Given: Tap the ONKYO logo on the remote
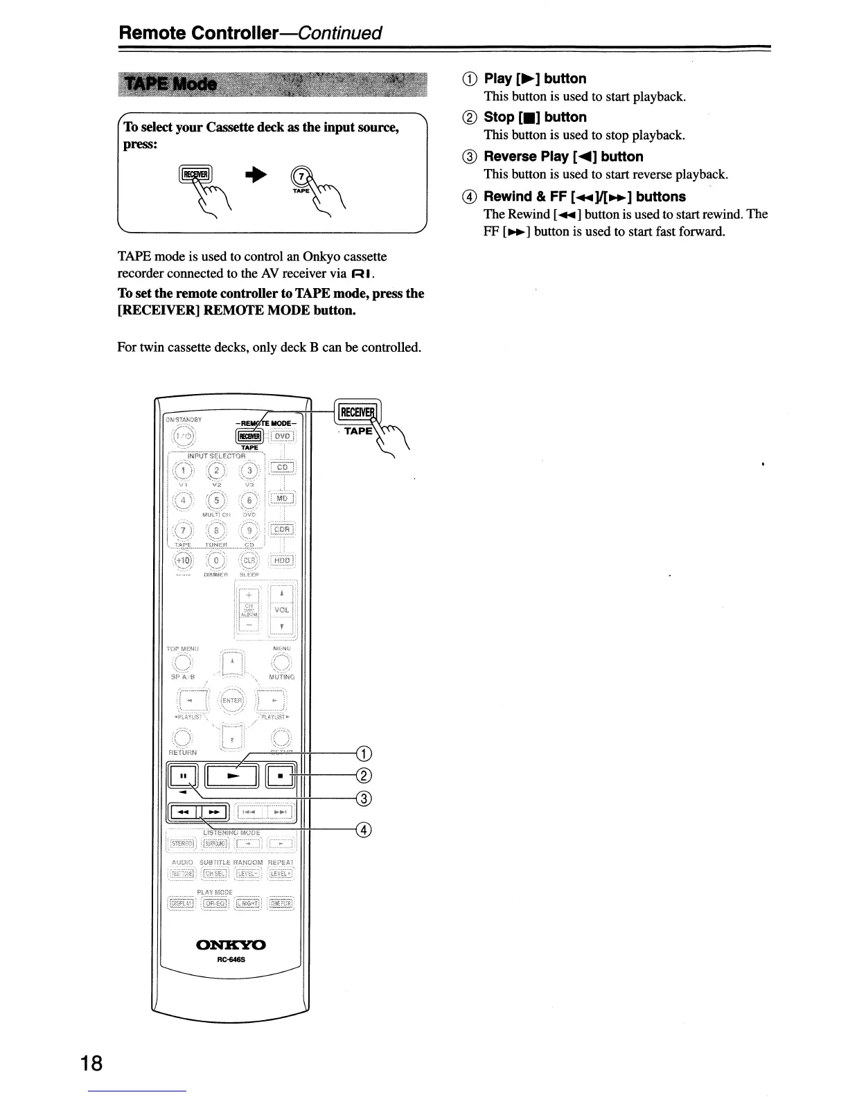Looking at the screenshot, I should coord(231,945).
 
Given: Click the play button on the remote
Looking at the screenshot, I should coord(233,776).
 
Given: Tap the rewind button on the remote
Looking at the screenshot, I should coord(183,811).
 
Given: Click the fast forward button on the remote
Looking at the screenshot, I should coord(214,811).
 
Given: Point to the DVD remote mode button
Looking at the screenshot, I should coord(283,436).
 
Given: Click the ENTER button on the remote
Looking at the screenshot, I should coord(232,700).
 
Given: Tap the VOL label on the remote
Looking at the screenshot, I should coord(281,610).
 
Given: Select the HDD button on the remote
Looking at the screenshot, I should coord(283,560).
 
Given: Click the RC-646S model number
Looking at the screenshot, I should coord(232,960).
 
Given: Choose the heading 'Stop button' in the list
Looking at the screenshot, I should coord(535,117).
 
